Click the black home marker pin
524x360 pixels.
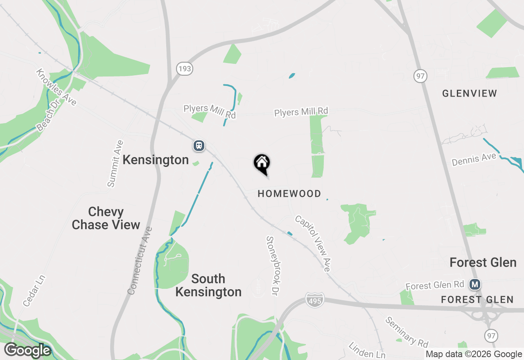[262, 163]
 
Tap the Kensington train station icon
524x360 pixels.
[199, 145]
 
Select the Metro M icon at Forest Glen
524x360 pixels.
[475, 284]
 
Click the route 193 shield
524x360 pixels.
[185, 69]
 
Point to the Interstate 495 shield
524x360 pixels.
[314, 300]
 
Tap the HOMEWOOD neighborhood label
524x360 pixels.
[289, 193]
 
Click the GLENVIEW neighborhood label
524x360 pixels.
[470, 93]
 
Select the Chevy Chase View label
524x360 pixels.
[106, 218]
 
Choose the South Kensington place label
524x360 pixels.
[208, 285]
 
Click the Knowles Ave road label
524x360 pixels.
[56, 87]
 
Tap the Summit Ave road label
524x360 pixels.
[115, 164]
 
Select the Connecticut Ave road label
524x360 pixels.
[140, 261]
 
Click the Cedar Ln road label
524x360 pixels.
[34, 291]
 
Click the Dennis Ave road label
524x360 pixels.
[474, 160]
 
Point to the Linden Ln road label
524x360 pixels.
[367, 351]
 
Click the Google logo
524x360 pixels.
[27, 351]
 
